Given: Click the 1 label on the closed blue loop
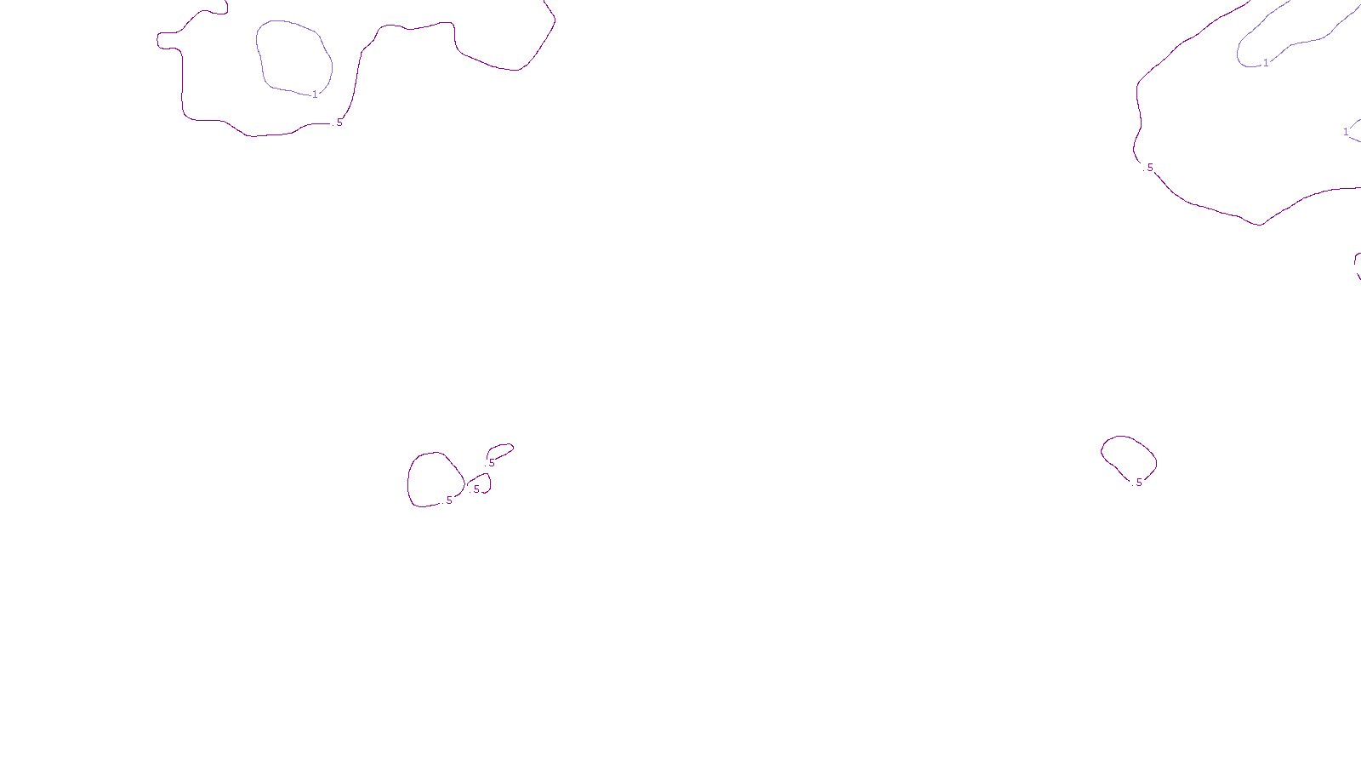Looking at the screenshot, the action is pyautogui.click(x=315, y=94).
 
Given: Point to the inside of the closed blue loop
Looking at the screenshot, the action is pyautogui.click(x=293, y=55).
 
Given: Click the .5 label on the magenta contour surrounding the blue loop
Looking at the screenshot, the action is pyautogui.click(x=338, y=123).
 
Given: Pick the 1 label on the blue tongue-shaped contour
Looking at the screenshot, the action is pyautogui.click(x=1266, y=63).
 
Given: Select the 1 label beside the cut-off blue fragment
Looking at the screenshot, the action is pyautogui.click(x=1346, y=132).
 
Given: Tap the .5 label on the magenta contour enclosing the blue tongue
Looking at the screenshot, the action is pyautogui.click(x=1149, y=168).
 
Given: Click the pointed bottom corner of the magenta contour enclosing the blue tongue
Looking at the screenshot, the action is pyautogui.click(x=1260, y=225).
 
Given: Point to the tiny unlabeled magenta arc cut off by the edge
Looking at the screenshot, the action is pyautogui.click(x=1357, y=264).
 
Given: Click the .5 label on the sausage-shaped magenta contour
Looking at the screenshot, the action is pyautogui.click(x=491, y=463).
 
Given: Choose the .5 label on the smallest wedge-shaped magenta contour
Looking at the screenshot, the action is pyautogui.click(x=475, y=489).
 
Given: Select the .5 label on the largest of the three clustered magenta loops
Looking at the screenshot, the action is pyautogui.click(x=448, y=500).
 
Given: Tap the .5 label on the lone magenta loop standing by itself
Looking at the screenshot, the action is pyautogui.click(x=1138, y=483).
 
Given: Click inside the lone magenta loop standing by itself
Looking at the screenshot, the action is pyautogui.click(x=1129, y=455).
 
